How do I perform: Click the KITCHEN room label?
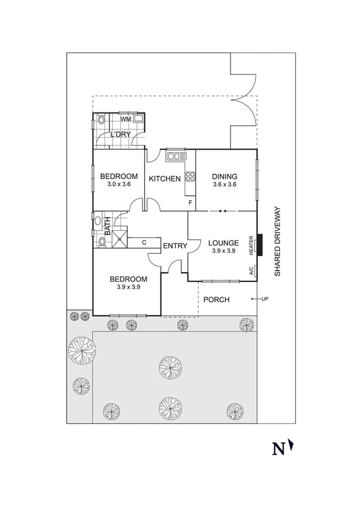click(x=165, y=179)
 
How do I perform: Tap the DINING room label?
click(x=225, y=176)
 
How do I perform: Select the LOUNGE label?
click(x=224, y=243)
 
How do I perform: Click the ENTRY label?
click(x=175, y=245)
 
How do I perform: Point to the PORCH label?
click(x=216, y=300)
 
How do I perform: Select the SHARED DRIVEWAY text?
click(x=278, y=242)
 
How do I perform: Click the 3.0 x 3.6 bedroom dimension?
click(x=119, y=185)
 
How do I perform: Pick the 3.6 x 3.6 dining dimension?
click(x=225, y=185)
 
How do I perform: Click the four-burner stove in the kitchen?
click(x=190, y=176)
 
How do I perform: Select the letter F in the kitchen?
click(x=191, y=203)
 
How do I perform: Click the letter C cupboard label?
click(x=144, y=242)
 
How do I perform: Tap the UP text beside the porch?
click(x=264, y=299)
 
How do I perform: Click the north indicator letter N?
click(x=278, y=448)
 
